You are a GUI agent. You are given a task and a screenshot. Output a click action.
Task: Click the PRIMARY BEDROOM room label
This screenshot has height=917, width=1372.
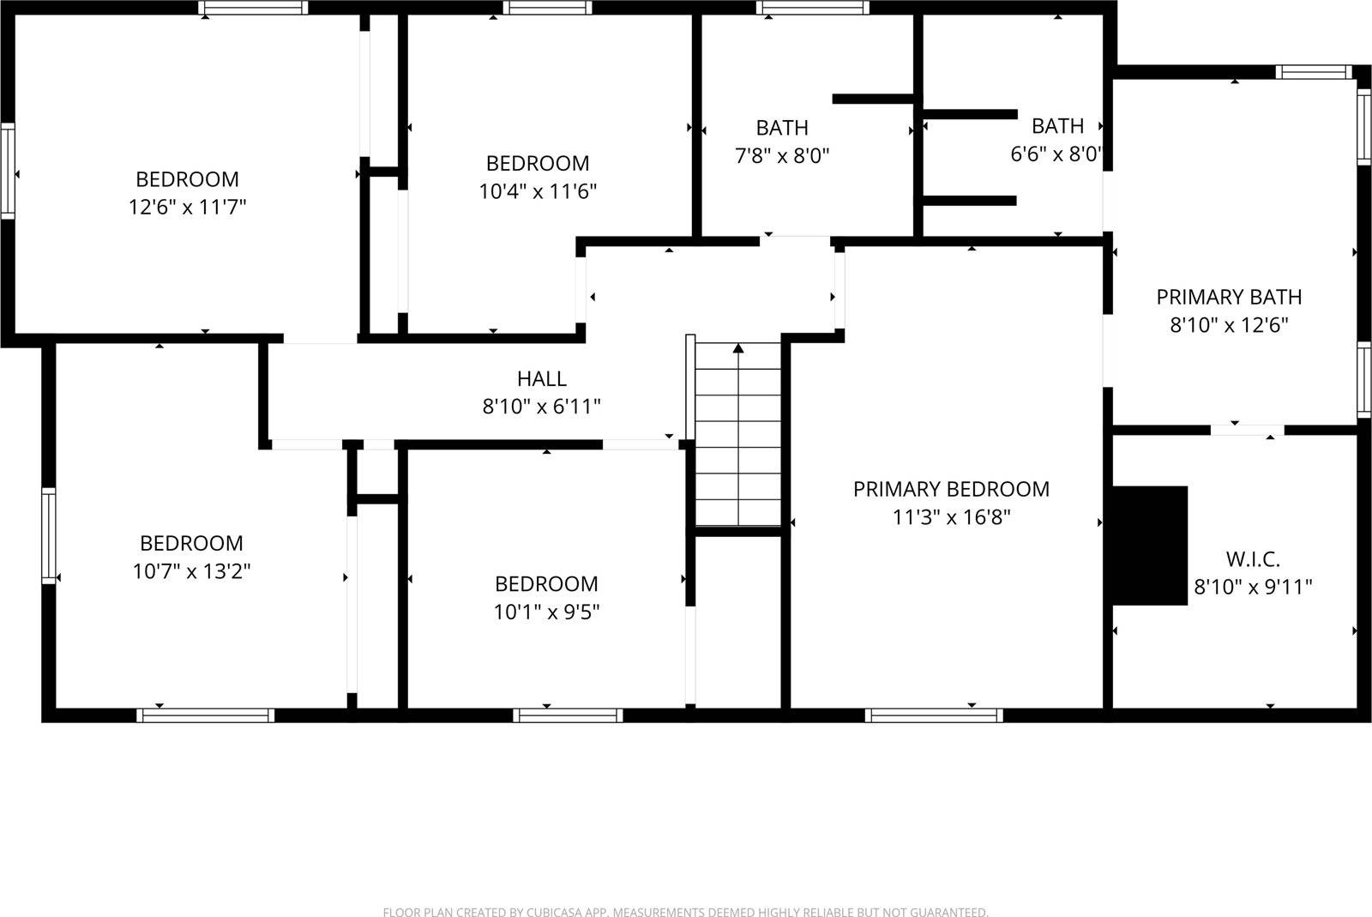pyautogui.click(x=951, y=489)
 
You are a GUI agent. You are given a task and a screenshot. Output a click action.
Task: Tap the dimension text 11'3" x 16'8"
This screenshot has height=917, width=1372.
pyautogui.click(x=951, y=517)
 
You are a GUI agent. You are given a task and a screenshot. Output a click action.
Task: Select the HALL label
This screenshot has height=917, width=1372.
pyautogui.click(x=542, y=378)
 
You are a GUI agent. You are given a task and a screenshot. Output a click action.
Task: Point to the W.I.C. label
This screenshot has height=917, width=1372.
pyautogui.click(x=1253, y=559)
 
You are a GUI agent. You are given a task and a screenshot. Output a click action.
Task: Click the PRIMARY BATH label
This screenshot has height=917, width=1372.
pyautogui.click(x=1229, y=297)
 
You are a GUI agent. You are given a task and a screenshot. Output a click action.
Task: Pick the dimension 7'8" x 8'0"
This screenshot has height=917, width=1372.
pyautogui.click(x=781, y=156)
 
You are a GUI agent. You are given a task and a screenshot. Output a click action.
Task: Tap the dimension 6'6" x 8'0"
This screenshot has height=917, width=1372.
pyautogui.click(x=1056, y=154)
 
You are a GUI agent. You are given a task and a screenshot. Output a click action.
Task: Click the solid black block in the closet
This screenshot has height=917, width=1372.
pyautogui.click(x=1149, y=546)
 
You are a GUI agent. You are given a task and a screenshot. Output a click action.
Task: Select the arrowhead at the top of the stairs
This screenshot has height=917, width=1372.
pyautogui.click(x=738, y=348)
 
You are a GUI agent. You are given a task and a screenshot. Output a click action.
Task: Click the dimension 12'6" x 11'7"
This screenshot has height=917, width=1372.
pyautogui.click(x=187, y=207)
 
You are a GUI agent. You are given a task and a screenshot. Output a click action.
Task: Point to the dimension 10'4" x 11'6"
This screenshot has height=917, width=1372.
pyautogui.click(x=538, y=190)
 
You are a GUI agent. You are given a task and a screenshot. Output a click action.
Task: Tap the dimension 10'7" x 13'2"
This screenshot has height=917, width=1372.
pyautogui.click(x=191, y=571)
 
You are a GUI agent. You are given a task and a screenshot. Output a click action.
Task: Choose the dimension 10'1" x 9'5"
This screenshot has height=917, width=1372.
pyautogui.click(x=546, y=612)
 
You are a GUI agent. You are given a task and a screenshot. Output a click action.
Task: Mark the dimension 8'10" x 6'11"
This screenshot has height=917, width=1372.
pyautogui.click(x=542, y=406)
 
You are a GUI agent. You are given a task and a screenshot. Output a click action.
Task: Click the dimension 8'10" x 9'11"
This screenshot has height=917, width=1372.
pyautogui.click(x=1253, y=588)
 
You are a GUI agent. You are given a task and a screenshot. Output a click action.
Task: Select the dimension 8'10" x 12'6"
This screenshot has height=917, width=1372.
pyautogui.click(x=1229, y=325)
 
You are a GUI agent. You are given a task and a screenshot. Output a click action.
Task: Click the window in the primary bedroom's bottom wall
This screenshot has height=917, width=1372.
pyautogui.click(x=934, y=715)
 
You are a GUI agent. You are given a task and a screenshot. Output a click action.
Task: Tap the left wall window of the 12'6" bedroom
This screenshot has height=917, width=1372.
pyautogui.click(x=8, y=171)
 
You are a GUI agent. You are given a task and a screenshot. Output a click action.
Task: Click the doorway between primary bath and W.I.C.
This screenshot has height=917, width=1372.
pyautogui.click(x=1247, y=429)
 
